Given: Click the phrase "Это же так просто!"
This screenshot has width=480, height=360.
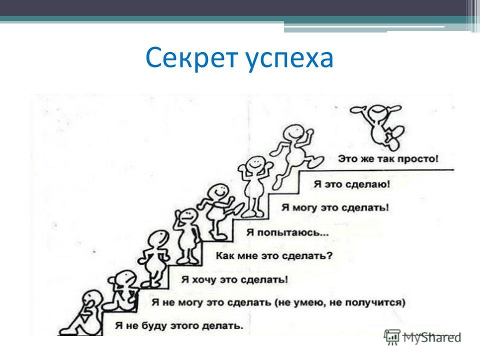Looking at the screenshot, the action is coord(388,159).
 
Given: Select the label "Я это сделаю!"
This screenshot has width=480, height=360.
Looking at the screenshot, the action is coord(351,184).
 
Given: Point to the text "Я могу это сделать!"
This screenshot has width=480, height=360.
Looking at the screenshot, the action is coord(335,208).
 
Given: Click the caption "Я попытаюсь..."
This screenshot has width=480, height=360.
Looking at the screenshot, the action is coord(287,233).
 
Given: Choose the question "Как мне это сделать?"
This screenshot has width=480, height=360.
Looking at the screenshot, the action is coord(274,256).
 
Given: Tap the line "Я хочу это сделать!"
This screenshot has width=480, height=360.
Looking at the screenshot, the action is coord(234,280).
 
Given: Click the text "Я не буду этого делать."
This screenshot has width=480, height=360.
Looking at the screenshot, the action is coord(179,325).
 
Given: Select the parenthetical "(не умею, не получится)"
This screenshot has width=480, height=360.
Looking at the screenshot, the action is coord(340,303).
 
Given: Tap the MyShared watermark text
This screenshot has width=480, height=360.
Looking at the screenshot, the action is coord(431,338).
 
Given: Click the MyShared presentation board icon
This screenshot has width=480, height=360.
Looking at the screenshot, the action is coord(392,336).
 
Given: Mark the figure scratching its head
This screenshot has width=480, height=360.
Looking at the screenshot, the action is coord(186,235).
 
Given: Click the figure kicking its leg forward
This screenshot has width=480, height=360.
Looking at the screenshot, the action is coord(218,210).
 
